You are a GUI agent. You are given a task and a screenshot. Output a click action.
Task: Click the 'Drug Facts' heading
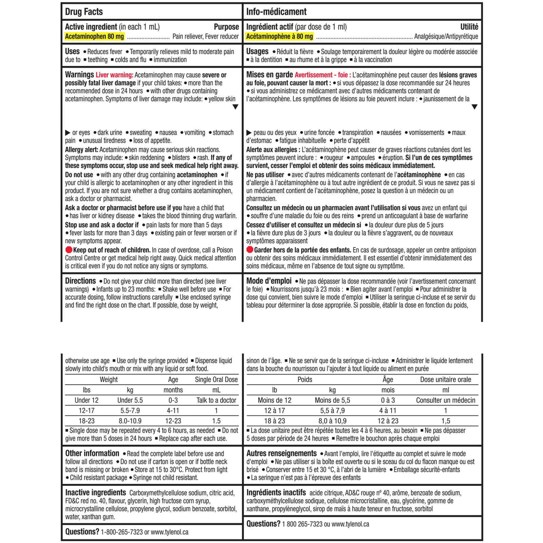coord(84,12)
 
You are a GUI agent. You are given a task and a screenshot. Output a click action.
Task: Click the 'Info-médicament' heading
coord(276,12)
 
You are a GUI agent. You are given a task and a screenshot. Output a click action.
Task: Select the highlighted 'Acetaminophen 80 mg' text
coord(94,37)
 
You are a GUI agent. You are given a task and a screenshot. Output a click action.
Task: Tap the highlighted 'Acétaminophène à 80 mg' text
coord(279,37)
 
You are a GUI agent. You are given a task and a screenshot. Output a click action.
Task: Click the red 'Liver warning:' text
coord(114,75)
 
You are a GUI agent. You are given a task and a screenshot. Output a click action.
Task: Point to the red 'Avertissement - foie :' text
coord(323,75)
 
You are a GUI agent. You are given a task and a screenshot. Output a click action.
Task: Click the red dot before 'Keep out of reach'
coord(69,250)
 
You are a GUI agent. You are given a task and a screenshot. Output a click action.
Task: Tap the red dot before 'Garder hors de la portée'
coord(250,250)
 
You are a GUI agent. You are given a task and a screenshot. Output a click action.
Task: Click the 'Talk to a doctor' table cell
coord(216,400)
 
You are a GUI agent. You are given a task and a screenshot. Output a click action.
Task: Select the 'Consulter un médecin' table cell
coord(446,400)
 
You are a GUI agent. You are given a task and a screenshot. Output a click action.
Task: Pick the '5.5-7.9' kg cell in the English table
coord(130,411)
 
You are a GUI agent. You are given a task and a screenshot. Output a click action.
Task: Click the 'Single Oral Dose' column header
coord(216,379)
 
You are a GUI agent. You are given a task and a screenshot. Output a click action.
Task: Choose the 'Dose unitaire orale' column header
coord(446,379)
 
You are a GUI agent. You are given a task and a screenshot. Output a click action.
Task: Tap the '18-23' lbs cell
coord(87,421)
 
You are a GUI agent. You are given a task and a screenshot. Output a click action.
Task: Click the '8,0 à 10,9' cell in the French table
coord(332,421)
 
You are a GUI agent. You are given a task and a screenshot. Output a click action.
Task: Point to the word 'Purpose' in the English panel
coord(226,27)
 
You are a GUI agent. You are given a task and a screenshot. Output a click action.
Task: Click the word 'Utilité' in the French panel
coord(469,27)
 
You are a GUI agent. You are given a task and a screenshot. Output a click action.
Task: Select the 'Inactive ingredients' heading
coord(95,492)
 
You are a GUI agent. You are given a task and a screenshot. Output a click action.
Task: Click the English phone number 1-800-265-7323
coord(122,532)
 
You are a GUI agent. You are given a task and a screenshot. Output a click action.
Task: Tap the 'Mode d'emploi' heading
coord(269,281)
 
